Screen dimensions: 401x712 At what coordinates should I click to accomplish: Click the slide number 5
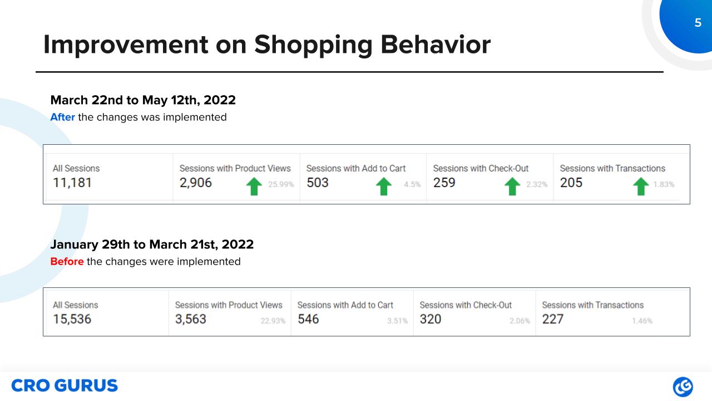pyautogui.click(x=698, y=23)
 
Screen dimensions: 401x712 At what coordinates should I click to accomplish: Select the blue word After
pyautogui.click(x=62, y=118)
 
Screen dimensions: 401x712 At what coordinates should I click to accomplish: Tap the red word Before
pyautogui.click(x=67, y=261)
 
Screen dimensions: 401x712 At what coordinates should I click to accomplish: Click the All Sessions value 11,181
pyautogui.click(x=72, y=183)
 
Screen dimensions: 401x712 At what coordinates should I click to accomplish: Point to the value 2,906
pyautogui.click(x=195, y=183)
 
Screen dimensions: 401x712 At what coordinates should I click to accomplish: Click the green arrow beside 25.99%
pyautogui.click(x=253, y=186)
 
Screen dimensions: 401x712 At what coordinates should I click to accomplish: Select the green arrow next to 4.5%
pyautogui.click(x=384, y=186)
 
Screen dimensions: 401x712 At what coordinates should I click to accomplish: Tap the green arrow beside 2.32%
pyautogui.click(x=512, y=186)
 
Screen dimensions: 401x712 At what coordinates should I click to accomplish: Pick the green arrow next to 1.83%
pyautogui.click(x=641, y=186)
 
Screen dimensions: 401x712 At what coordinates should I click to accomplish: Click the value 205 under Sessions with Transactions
pyautogui.click(x=571, y=183)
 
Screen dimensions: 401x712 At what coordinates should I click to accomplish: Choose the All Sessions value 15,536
pyautogui.click(x=72, y=319)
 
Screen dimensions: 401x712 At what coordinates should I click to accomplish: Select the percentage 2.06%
pyautogui.click(x=520, y=321)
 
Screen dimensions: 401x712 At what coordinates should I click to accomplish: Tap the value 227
pyautogui.click(x=552, y=319)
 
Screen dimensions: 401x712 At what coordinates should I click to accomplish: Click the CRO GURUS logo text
pyautogui.click(x=65, y=385)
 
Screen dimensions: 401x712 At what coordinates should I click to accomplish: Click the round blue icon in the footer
pyautogui.click(x=683, y=387)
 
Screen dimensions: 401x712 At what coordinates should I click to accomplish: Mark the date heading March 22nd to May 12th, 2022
pyautogui.click(x=143, y=100)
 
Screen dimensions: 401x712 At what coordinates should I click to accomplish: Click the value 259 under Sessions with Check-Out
pyautogui.click(x=444, y=183)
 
